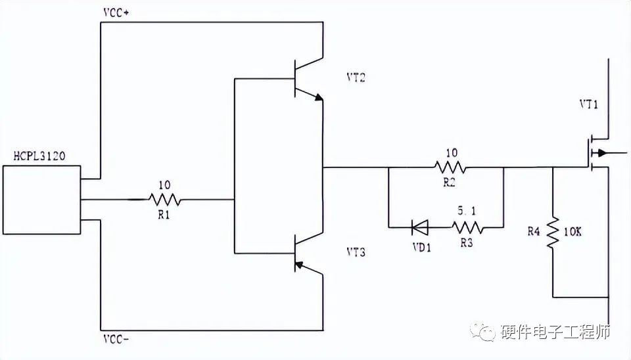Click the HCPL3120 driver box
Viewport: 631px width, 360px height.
[x=41, y=200]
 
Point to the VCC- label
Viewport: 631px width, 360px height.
[x=118, y=339]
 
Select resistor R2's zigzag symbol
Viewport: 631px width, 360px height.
[x=450, y=168]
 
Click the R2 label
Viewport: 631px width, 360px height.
[x=449, y=183]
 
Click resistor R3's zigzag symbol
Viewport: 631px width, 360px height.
[x=467, y=228]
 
